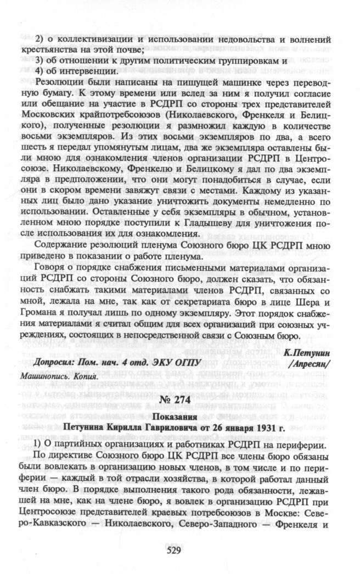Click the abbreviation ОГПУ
[x=187, y=364]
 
